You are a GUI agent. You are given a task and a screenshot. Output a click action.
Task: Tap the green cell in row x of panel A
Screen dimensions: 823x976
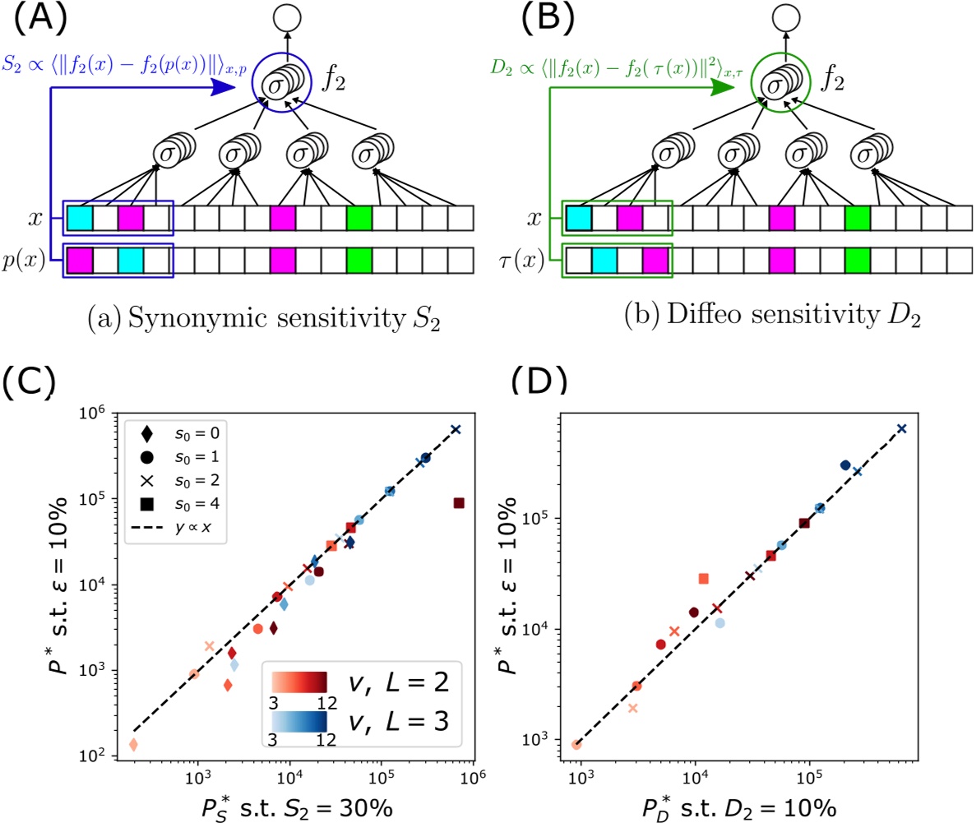(x=358, y=219)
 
